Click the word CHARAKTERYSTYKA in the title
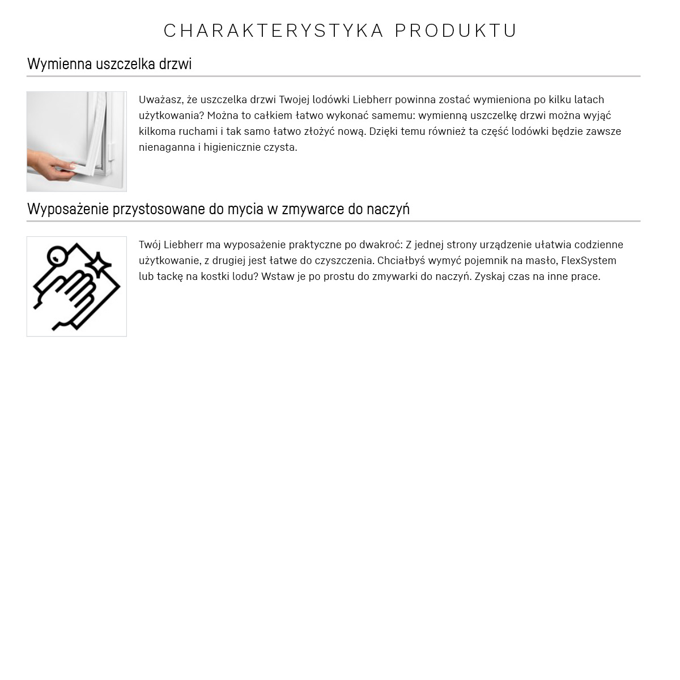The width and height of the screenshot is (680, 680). (x=274, y=31)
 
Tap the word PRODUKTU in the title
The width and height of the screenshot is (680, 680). (x=456, y=31)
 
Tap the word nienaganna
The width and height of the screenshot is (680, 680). (x=167, y=147)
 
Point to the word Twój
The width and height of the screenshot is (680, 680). (x=150, y=245)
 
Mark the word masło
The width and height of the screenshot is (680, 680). (x=541, y=261)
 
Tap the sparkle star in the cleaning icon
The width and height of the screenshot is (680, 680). (x=100, y=264)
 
